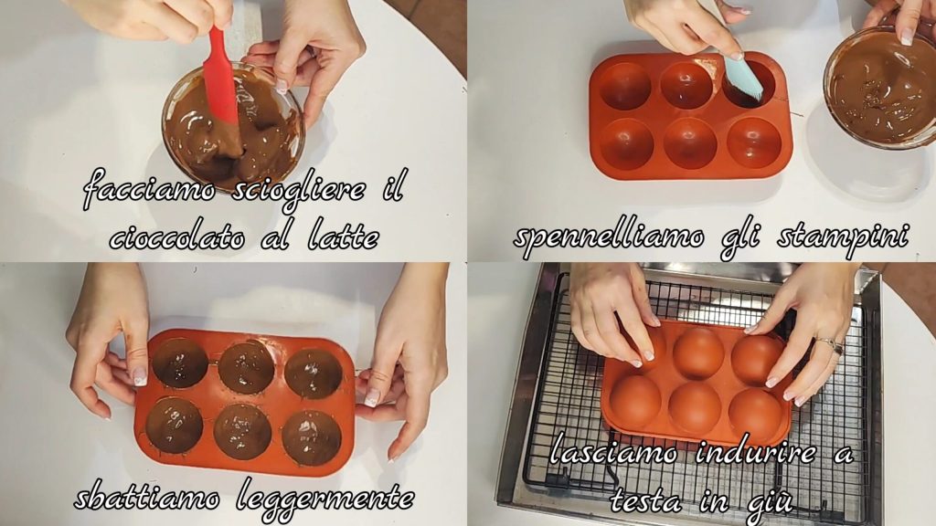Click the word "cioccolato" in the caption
pos(176,238)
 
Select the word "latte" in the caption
pos(344,237)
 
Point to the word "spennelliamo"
pos(608,238)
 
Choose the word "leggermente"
pos(325,499)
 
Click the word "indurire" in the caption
pos(756,453)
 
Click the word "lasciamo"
pos(613,453)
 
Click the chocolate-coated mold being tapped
pos(245,401)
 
